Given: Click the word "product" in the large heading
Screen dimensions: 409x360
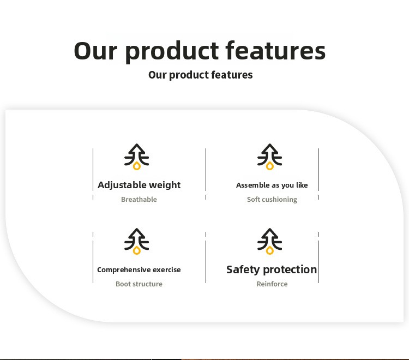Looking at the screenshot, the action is coord(172,51).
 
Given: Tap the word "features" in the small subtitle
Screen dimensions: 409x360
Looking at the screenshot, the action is coord(232,75).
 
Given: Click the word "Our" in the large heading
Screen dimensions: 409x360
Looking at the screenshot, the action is coord(95,51).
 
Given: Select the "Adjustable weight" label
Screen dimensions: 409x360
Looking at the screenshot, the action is coord(139,185).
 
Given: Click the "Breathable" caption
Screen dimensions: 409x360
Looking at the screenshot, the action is coord(139,199).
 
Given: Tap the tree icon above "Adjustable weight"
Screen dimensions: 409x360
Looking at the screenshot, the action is coord(136,157).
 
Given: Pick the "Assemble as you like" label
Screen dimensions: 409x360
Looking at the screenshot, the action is coord(272,185).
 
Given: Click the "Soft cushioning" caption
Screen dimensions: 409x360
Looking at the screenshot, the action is coord(272,200).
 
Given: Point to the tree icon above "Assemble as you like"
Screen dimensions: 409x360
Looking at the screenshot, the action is coord(270,157).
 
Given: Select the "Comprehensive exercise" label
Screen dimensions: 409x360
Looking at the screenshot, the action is coord(139,270).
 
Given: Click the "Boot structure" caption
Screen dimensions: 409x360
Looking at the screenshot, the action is coord(139,284).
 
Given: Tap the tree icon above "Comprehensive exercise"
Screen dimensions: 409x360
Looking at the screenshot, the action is coord(136,241).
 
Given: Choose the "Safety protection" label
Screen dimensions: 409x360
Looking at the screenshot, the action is coord(272,270).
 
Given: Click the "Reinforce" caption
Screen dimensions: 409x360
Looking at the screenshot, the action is coord(272,284).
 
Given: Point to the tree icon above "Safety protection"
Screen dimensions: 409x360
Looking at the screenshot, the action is coord(270,241).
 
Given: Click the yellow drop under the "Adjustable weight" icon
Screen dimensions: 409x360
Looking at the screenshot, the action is coord(137,166).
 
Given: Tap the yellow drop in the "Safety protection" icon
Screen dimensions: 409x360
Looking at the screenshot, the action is coord(270,251).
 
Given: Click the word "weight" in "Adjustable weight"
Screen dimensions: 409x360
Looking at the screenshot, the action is coord(165,185).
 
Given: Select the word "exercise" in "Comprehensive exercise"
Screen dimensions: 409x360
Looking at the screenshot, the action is coord(167,270).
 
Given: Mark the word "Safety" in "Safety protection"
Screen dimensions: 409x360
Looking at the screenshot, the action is coord(243,270).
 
